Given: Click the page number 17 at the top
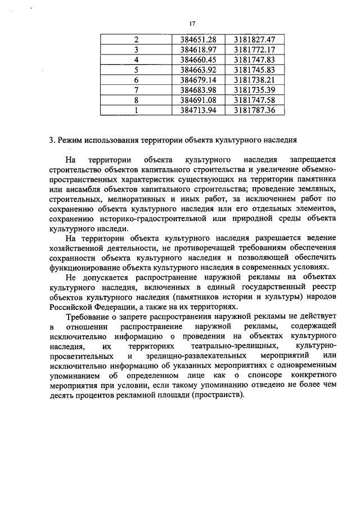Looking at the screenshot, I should tap(192, 24).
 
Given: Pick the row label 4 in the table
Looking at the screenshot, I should tap(136, 60).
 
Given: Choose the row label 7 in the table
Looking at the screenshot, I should tap(136, 91).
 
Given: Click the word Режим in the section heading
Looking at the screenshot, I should tap(71, 140).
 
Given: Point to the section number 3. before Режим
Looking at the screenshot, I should tap(52, 140).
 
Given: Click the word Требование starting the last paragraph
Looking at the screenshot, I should tap(88, 317).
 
